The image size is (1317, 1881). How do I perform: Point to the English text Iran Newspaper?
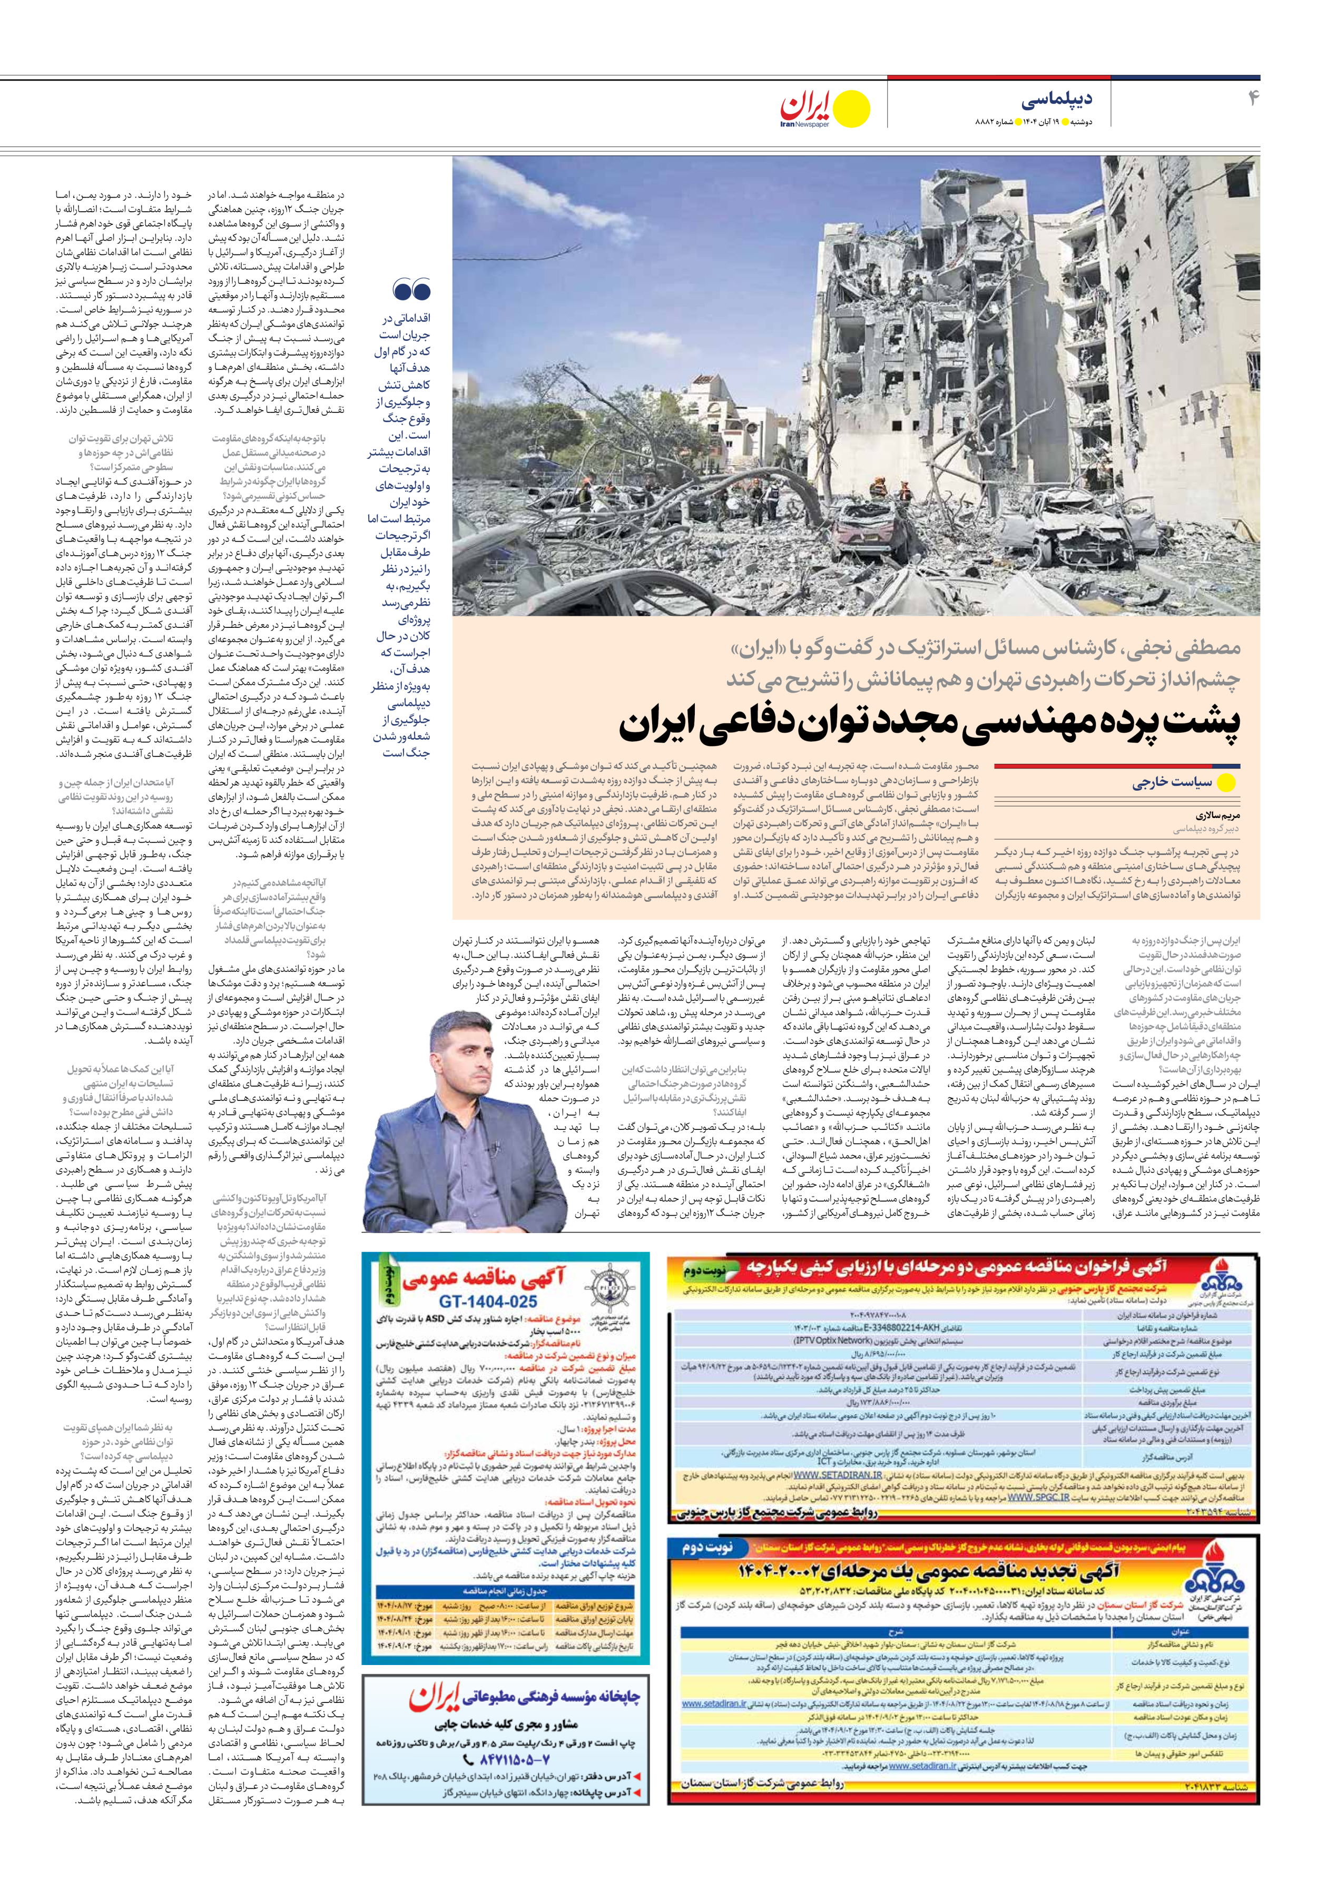[805, 124]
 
